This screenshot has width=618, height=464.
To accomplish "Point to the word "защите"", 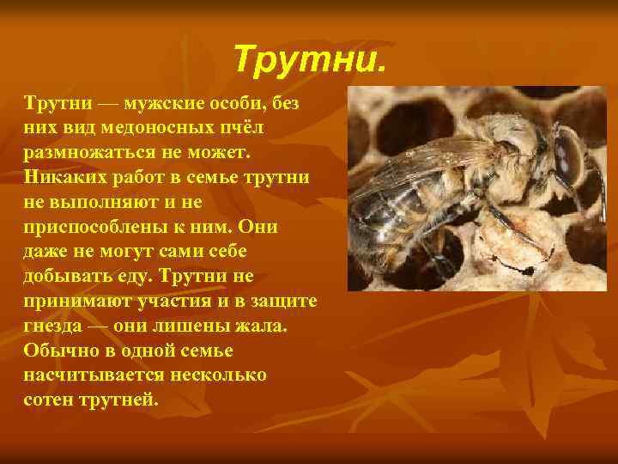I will pos(284,302).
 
